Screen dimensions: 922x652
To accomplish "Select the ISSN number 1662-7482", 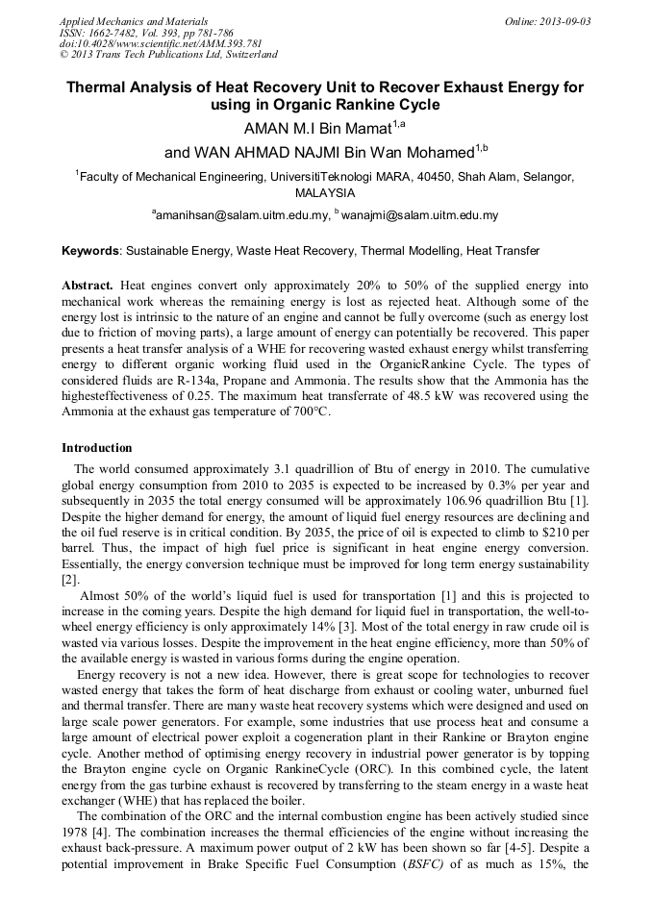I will pos(110,33).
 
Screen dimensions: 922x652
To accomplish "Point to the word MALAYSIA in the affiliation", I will pos(325,193).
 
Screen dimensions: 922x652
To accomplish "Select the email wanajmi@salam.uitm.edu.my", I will pos(419,216).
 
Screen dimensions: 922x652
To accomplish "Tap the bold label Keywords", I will pos(90,251).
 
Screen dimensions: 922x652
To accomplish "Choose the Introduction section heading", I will pos(97,448).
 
